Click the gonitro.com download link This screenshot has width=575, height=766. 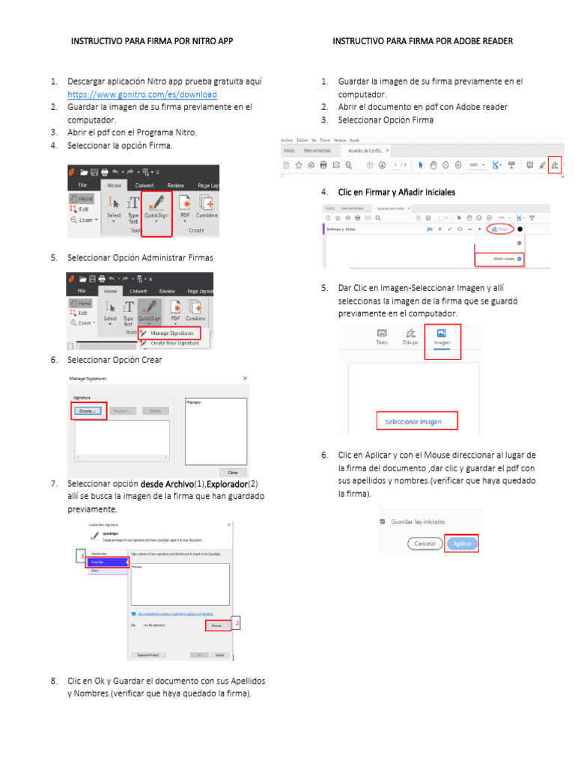(142, 95)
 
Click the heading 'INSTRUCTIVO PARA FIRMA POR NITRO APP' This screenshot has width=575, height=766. (152, 41)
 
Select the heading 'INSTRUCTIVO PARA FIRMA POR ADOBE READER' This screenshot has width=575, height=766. (422, 41)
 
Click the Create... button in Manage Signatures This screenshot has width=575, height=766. (89, 411)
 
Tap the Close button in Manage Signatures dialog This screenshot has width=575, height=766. (232, 472)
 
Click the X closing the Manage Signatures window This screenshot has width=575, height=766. (245, 379)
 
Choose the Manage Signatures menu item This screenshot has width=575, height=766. (171, 333)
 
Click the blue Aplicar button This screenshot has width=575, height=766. (461, 544)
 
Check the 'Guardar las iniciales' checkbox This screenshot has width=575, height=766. (383, 521)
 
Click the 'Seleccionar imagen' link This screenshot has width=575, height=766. (413, 422)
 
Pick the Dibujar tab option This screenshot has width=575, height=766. (410, 337)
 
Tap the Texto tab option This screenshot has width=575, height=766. (382, 337)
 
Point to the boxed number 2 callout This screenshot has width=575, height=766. (237, 622)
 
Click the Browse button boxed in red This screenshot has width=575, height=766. (217, 624)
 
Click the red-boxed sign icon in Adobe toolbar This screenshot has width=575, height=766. (554, 165)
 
